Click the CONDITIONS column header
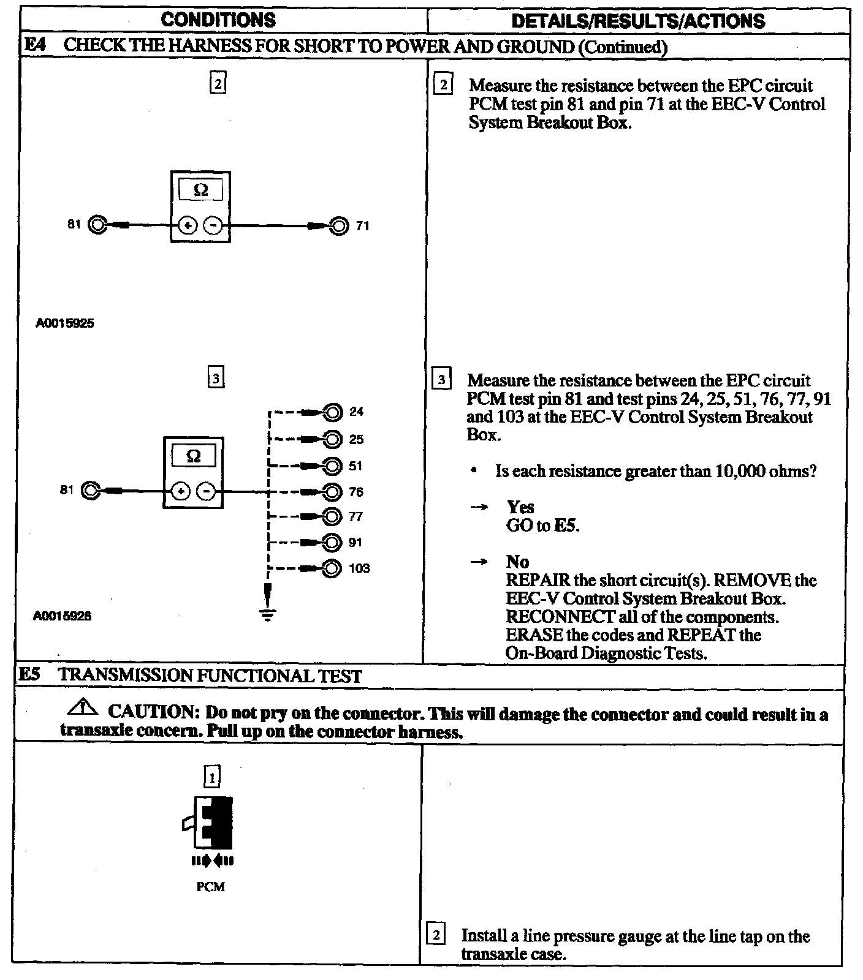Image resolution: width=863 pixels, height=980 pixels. click(x=218, y=20)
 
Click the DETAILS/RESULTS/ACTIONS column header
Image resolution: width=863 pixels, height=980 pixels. click(x=637, y=21)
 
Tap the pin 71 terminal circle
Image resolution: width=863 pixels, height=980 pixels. click(x=338, y=226)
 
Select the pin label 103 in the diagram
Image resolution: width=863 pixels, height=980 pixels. click(x=359, y=568)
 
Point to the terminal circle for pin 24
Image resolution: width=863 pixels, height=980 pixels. click(x=332, y=412)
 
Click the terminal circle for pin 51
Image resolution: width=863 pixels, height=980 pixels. click(x=332, y=466)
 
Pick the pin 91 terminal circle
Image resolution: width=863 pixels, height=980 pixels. click(x=332, y=543)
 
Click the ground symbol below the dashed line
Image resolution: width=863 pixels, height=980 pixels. click(x=267, y=614)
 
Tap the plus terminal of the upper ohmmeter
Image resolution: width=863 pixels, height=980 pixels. click(x=188, y=226)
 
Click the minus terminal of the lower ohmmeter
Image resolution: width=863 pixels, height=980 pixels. click(x=207, y=491)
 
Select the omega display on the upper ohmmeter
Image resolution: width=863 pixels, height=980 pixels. click(x=200, y=190)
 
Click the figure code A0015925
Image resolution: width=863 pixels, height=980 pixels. click(x=64, y=323)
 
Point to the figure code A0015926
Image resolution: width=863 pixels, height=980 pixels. click(x=62, y=616)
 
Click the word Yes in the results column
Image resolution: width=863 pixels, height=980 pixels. click(x=520, y=507)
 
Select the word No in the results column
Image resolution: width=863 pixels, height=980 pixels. click(x=517, y=562)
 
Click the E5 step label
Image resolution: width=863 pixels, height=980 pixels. click(x=29, y=675)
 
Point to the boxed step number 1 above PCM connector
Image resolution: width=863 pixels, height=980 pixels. click(x=212, y=777)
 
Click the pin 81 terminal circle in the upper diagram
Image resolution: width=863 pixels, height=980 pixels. click(x=97, y=225)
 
